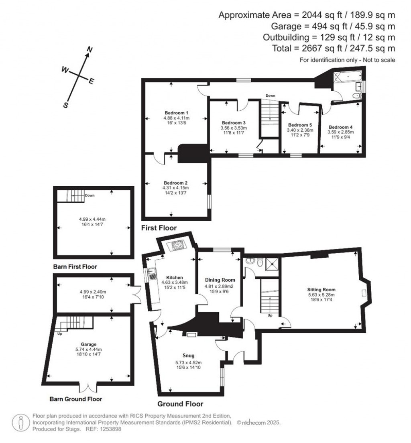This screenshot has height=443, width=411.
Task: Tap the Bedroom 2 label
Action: pos(175,182)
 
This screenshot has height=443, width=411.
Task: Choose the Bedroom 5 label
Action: pos(299,125)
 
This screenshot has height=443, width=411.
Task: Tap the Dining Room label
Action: pos(220,280)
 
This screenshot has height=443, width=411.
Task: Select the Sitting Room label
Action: pos(321,289)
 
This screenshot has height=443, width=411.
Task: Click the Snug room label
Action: pos(188,356)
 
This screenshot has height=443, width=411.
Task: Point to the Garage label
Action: pos(88,344)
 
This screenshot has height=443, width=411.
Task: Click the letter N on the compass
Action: pos(90,50)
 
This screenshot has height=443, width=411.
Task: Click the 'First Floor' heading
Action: pos(159,228)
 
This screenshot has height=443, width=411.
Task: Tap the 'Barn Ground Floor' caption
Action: pos(75,399)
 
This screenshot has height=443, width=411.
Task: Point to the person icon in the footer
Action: pos(20,423)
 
